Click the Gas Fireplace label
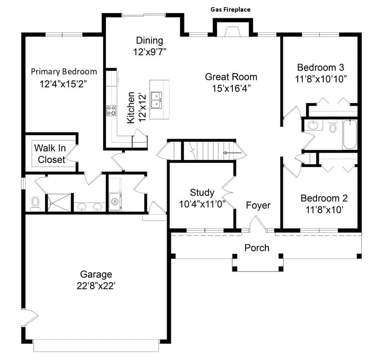pos(230,10)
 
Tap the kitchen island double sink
pos(156,100)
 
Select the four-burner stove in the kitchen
pos(111,110)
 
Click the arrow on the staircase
pos(232,153)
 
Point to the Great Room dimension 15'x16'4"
pos(231,88)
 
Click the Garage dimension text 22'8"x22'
pos(96,286)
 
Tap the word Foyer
pos(258,205)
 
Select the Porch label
pos(257,248)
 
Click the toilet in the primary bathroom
pos(36,204)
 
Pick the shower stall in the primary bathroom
pos(59,202)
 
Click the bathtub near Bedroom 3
pos(350,134)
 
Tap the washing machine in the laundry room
pos(115,202)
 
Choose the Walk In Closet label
pos(50,154)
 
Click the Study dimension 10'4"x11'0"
pos(202,204)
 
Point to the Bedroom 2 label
pos(324,198)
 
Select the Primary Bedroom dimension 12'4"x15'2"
pos(63,84)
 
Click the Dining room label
pos(149,40)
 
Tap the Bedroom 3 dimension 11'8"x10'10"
pos(320,79)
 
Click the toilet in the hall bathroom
pos(332,126)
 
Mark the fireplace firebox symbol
pos(232,32)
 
